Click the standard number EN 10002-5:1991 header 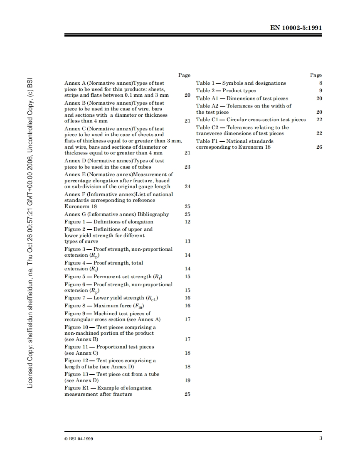(x=296, y=28)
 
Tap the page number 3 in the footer (x=321, y=438)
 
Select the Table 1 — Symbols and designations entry (x=241, y=83)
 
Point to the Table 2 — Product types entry (x=226, y=91)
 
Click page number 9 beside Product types (x=321, y=91)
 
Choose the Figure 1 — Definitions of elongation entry (x=108, y=222)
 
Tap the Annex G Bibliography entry (x=116, y=214)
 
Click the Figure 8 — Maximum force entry (x=106, y=306)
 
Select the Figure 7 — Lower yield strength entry (x=111, y=298)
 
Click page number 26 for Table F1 (x=319, y=147)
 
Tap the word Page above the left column (x=184, y=75)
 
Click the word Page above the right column (x=316, y=75)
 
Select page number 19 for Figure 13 (x=187, y=380)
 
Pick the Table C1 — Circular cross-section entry (x=251, y=120)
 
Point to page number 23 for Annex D (x=187, y=167)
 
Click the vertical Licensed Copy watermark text (x=30, y=233)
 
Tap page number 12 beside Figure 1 (x=187, y=222)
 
